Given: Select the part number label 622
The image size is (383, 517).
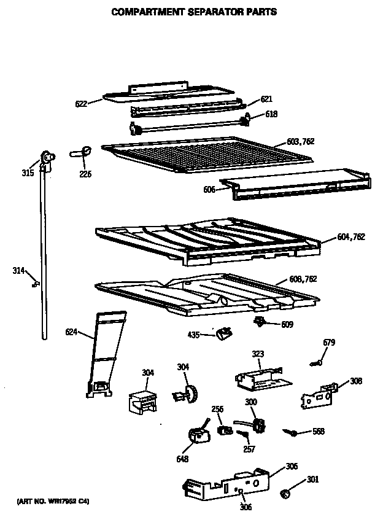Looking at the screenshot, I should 80,103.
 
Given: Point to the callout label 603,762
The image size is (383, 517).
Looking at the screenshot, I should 300,141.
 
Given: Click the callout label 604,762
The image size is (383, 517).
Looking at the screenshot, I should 350,237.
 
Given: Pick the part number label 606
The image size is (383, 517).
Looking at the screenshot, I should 209,190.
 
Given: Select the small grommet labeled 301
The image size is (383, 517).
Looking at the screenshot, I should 285,493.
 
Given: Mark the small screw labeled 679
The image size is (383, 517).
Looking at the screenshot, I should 317,364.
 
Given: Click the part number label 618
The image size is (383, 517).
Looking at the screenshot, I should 271,114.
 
